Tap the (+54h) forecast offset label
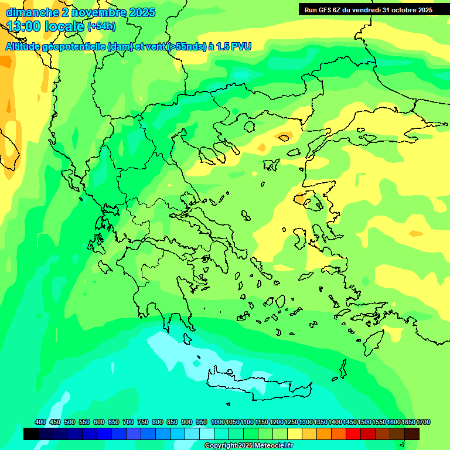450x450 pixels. [101, 26]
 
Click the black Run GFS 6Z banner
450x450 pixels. [366, 9]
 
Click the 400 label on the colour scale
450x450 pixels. [40, 422]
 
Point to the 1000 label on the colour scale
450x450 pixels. [218, 422]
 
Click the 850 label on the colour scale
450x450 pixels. [172, 422]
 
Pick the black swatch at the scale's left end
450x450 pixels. [31, 434]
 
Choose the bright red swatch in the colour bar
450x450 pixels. [353, 434]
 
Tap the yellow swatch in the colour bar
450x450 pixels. [295, 434]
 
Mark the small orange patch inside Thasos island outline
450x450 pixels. [285, 138]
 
